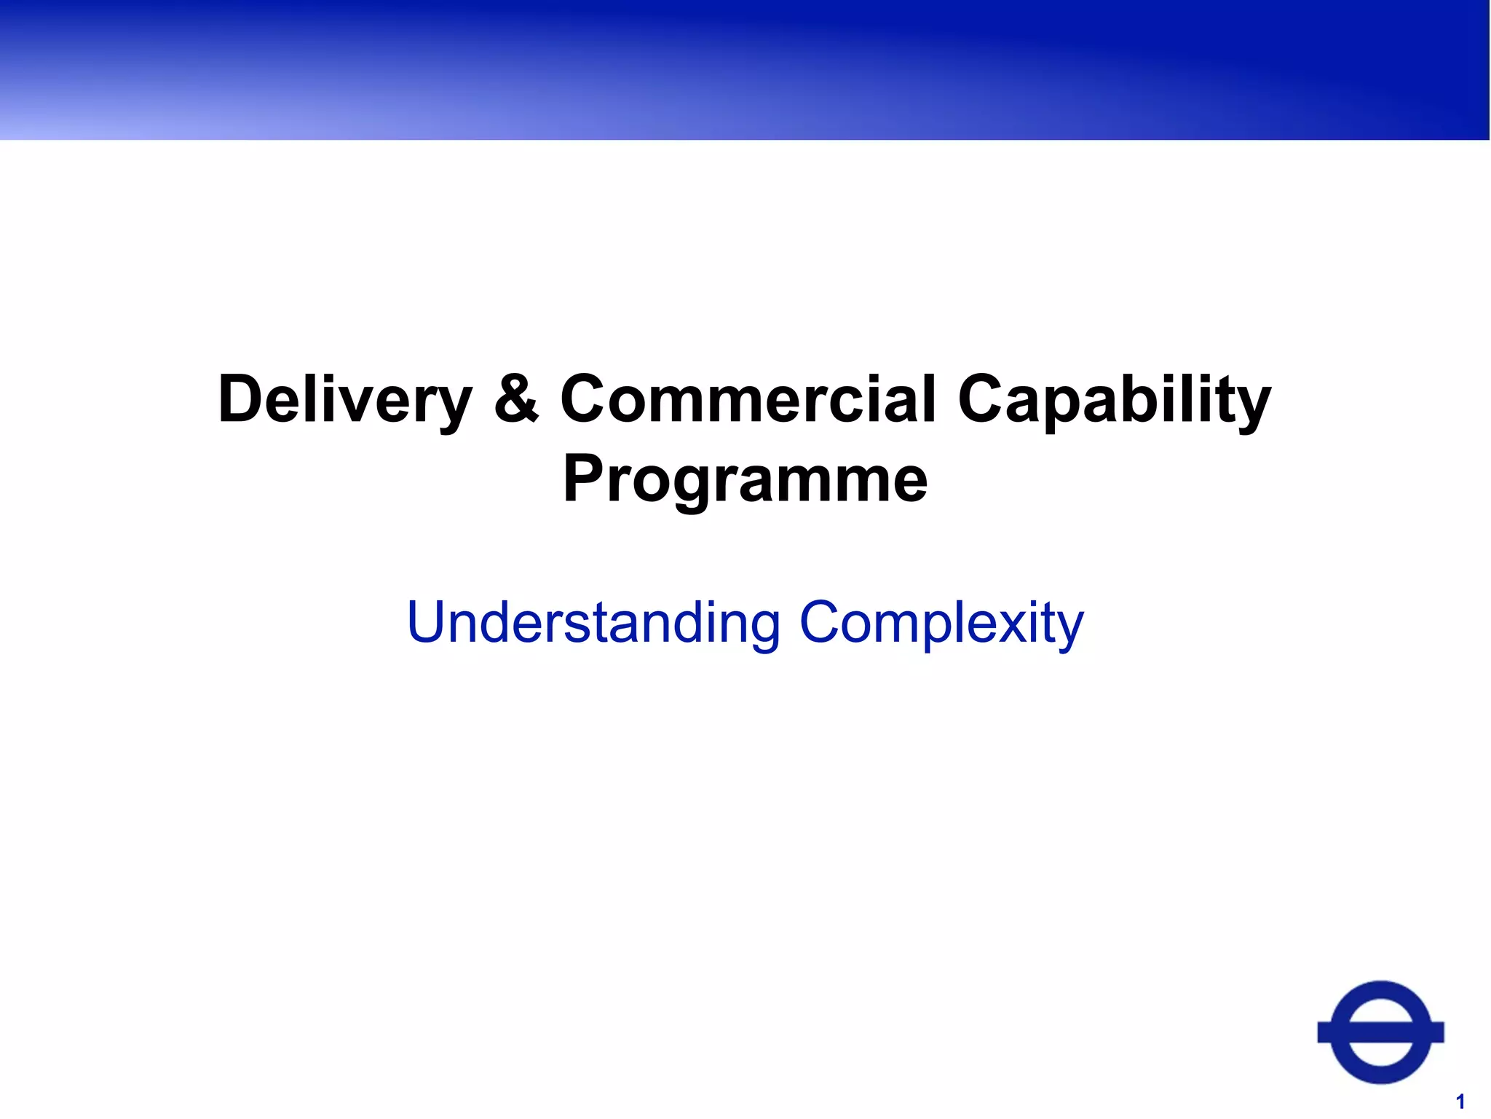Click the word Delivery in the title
345,399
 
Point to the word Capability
1114,399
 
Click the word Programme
745,479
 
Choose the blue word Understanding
593,623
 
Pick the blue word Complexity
941,623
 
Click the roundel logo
1380,1032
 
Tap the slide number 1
1460,1101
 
